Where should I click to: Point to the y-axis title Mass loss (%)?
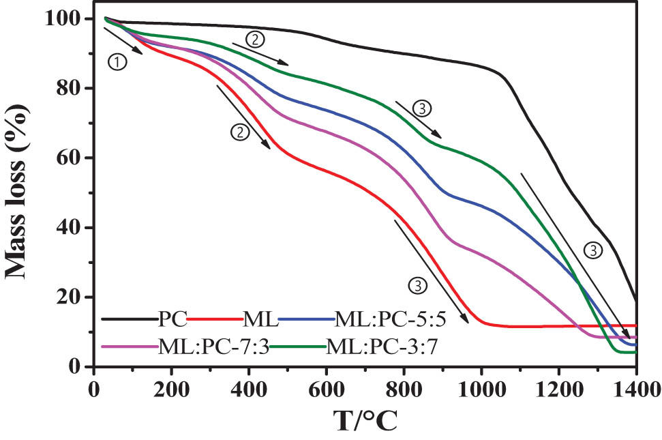click(18, 192)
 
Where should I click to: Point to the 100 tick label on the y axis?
click(66, 19)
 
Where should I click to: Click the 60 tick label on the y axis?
click(72, 158)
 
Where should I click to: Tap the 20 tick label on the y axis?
click(72, 297)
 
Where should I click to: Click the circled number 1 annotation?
click(118, 62)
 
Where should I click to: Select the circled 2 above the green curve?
click(254, 39)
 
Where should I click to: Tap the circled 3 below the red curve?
click(418, 286)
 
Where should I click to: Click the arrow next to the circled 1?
click(123, 41)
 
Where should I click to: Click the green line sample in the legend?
click(301, 347)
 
